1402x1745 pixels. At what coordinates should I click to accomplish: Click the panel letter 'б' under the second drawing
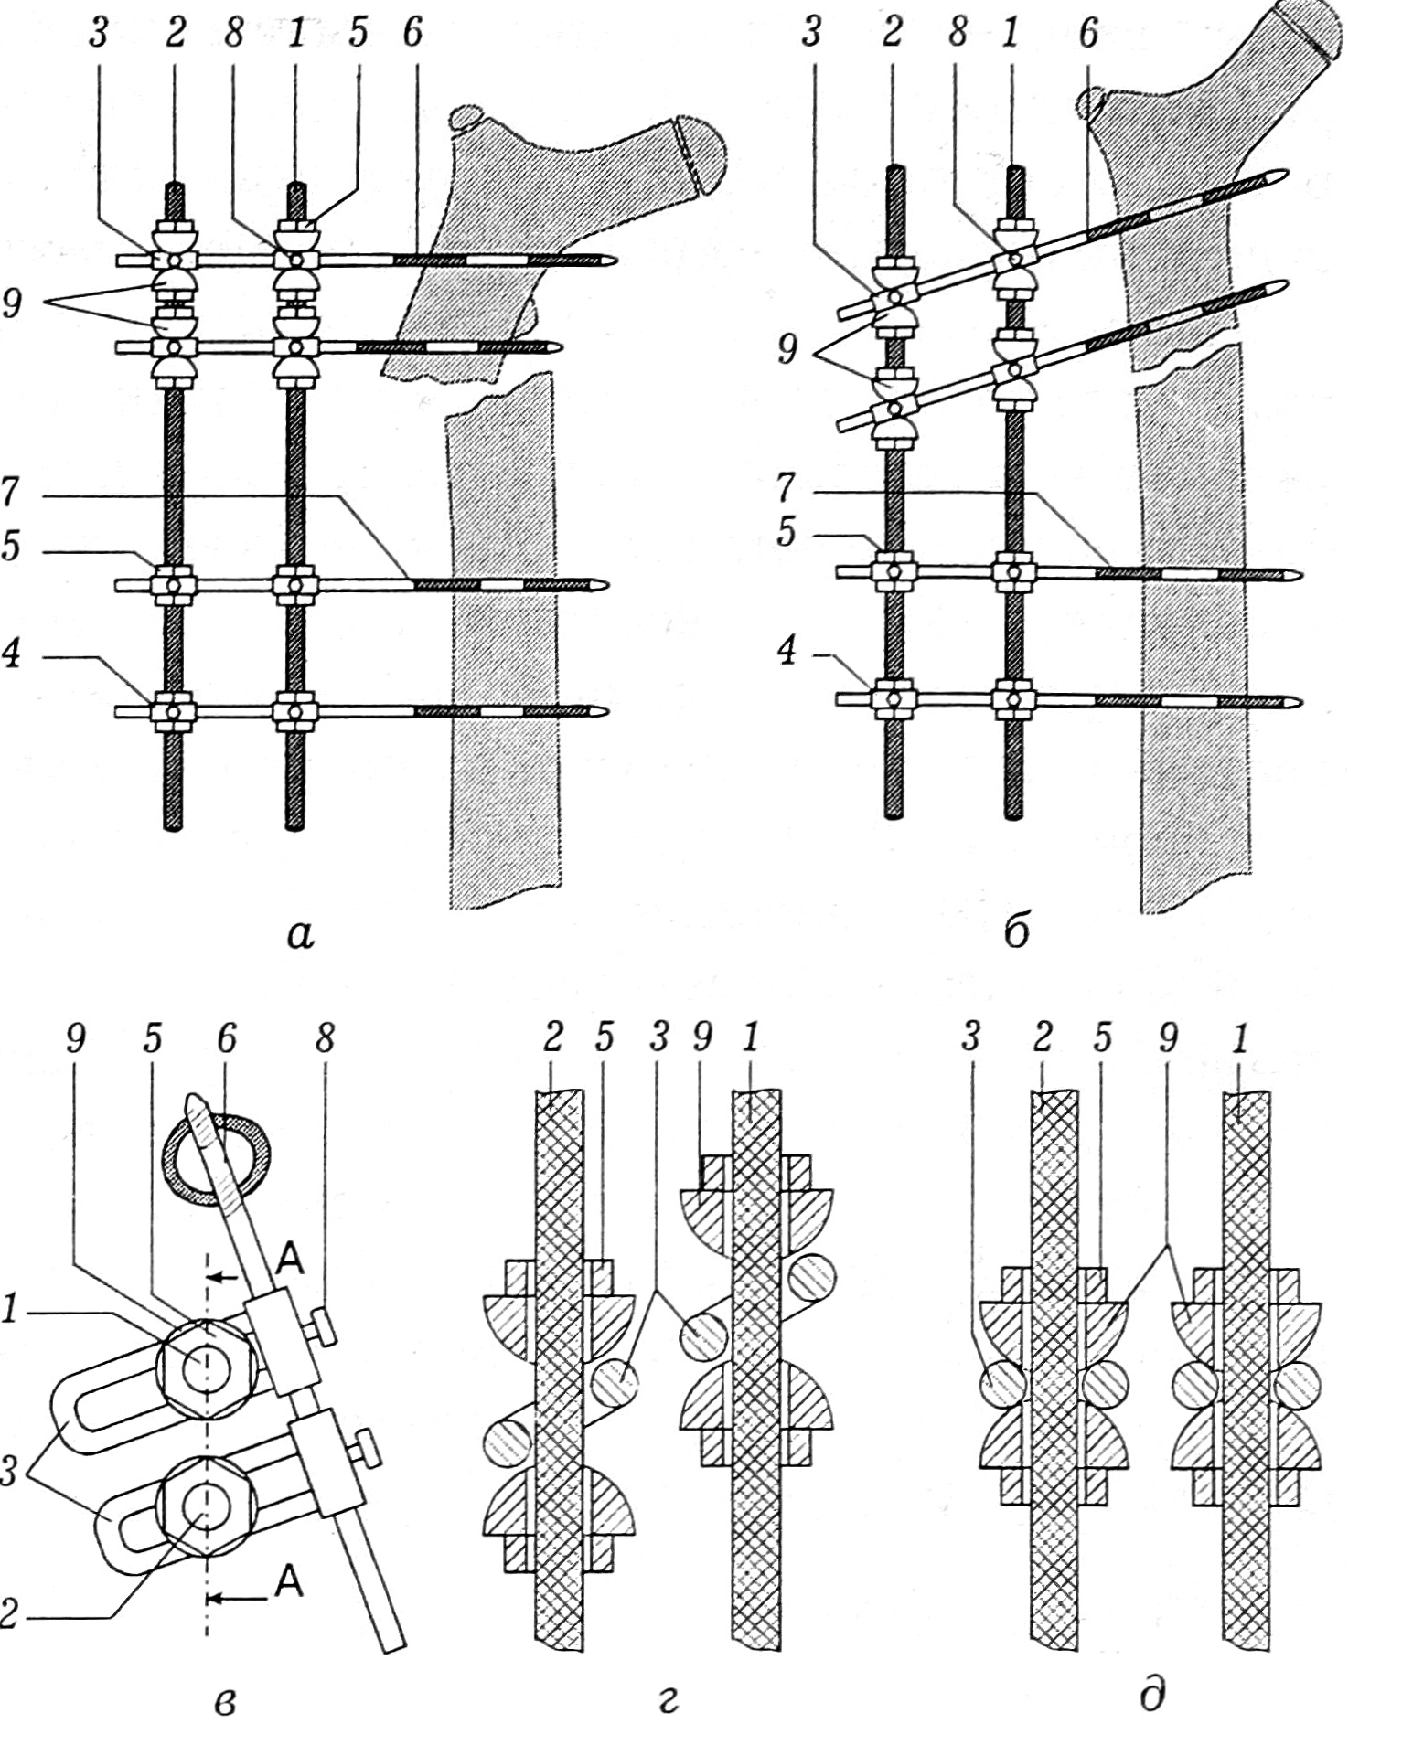tap(1017, 929)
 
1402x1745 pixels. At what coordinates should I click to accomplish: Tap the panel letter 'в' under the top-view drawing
tap(224, 1702)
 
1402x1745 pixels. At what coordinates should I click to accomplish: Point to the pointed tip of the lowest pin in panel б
tap(1300, 702)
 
